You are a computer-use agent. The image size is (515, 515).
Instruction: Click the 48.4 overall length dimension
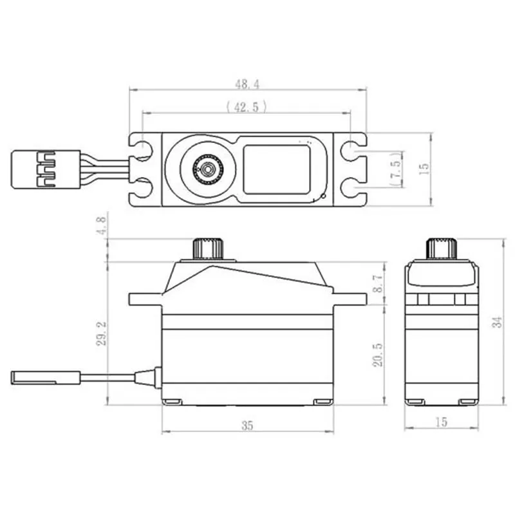point(247,84)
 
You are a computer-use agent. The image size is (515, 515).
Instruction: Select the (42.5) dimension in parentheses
point(247,107)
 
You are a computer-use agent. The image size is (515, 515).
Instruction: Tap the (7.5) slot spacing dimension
point(397,169)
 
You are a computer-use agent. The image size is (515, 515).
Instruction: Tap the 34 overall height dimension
point(496,322)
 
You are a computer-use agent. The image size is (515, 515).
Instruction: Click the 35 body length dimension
point(247,425)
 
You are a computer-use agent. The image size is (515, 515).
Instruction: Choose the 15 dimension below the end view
point(441,422)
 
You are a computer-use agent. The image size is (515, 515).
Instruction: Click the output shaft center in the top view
point(207,169)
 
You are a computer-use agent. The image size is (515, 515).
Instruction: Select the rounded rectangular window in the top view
point(276,169)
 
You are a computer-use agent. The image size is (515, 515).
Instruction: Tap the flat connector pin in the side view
point(45,377)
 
